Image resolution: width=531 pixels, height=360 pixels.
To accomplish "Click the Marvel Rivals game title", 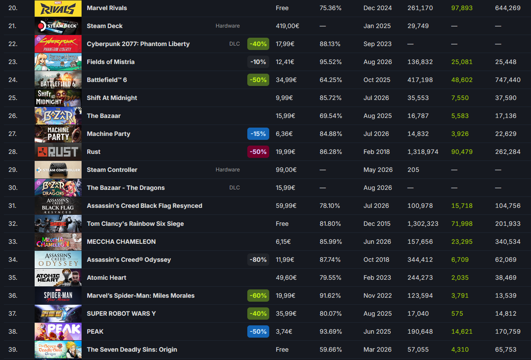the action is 107,8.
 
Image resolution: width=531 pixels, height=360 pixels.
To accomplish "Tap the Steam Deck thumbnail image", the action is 58,26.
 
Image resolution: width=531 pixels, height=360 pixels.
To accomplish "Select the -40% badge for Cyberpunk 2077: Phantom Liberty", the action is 258,44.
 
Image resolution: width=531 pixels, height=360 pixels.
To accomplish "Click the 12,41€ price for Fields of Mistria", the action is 285,62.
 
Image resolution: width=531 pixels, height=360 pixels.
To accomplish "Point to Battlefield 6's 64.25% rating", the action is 331,80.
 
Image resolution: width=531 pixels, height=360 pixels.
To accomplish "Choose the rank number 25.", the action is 13,98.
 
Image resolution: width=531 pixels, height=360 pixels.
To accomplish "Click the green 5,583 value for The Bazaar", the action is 460,116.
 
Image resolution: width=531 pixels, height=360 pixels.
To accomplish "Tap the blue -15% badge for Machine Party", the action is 258,134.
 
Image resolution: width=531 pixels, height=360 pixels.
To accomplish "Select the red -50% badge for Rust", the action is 258,152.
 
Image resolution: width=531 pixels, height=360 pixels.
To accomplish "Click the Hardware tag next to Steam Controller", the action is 228,170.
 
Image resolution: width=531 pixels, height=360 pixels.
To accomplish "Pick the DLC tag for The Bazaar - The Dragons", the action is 235,188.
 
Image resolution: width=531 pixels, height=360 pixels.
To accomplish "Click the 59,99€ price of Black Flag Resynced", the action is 286,206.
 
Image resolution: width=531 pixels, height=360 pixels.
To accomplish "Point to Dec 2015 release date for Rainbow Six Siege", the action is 377,224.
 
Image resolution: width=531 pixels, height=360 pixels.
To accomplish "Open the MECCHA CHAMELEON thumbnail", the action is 58,242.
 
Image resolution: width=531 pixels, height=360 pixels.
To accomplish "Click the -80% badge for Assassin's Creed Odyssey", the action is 258,260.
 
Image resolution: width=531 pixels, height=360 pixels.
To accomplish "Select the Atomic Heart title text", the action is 107,278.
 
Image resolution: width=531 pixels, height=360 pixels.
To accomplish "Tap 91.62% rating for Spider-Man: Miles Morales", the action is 330,296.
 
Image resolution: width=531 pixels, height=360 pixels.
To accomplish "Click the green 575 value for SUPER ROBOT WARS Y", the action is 457,314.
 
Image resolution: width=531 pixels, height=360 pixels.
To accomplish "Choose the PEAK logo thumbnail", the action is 58,331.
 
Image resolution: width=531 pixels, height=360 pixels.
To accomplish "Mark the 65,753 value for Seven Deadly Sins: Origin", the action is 506,349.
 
